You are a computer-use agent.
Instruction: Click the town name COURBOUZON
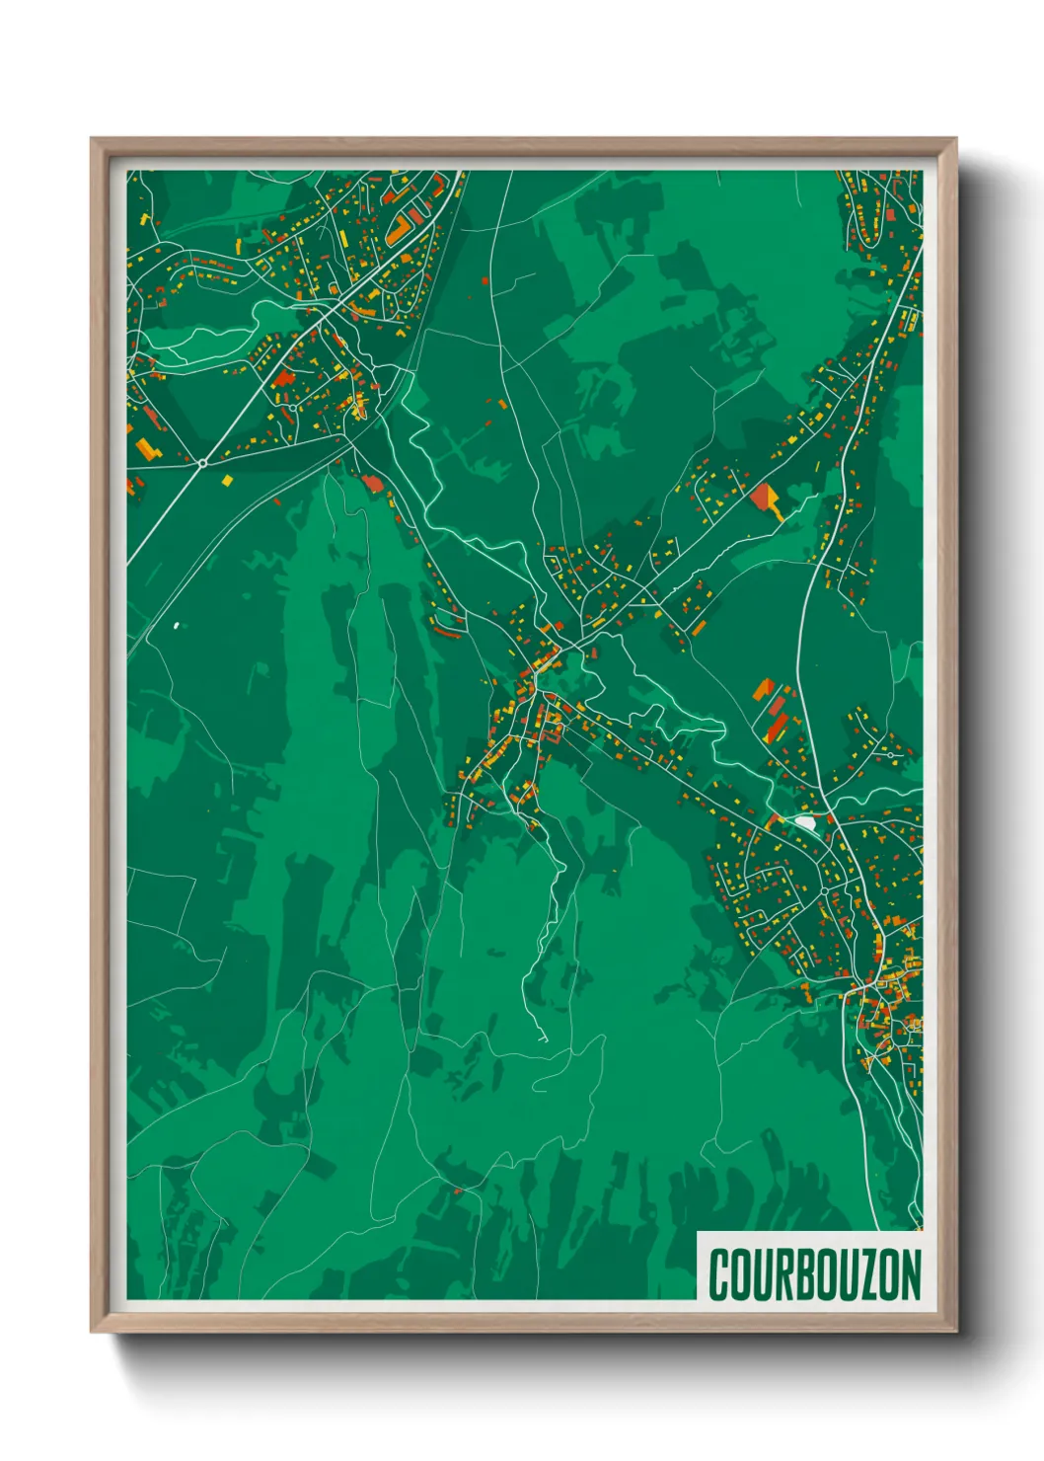pyautogui.click(x=814, y=1274)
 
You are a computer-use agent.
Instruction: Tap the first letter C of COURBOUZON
pyautogui.click(x=719, y=1274)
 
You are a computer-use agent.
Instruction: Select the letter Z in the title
pyautogui.click(x=866, y=1274)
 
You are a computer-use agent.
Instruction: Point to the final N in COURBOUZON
pyautogui.click(x=910, y=1274)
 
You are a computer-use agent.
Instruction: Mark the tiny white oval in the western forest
pyautogui.click(x=177, y=625)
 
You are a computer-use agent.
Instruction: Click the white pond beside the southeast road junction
pyautogui.click(x=805, y=821)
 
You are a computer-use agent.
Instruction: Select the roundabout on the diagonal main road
pyautogui.click(x=202, y=462)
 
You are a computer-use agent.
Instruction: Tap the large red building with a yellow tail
pyautogui.click(x=762, y=497)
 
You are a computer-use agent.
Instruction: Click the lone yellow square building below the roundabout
pyautogui.click(x=228, y=481)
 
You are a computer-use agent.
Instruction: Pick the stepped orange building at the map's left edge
pyautogui.click(x=146, y=449)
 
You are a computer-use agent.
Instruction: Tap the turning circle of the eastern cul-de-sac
pyautogui.click(x=891, y=754)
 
